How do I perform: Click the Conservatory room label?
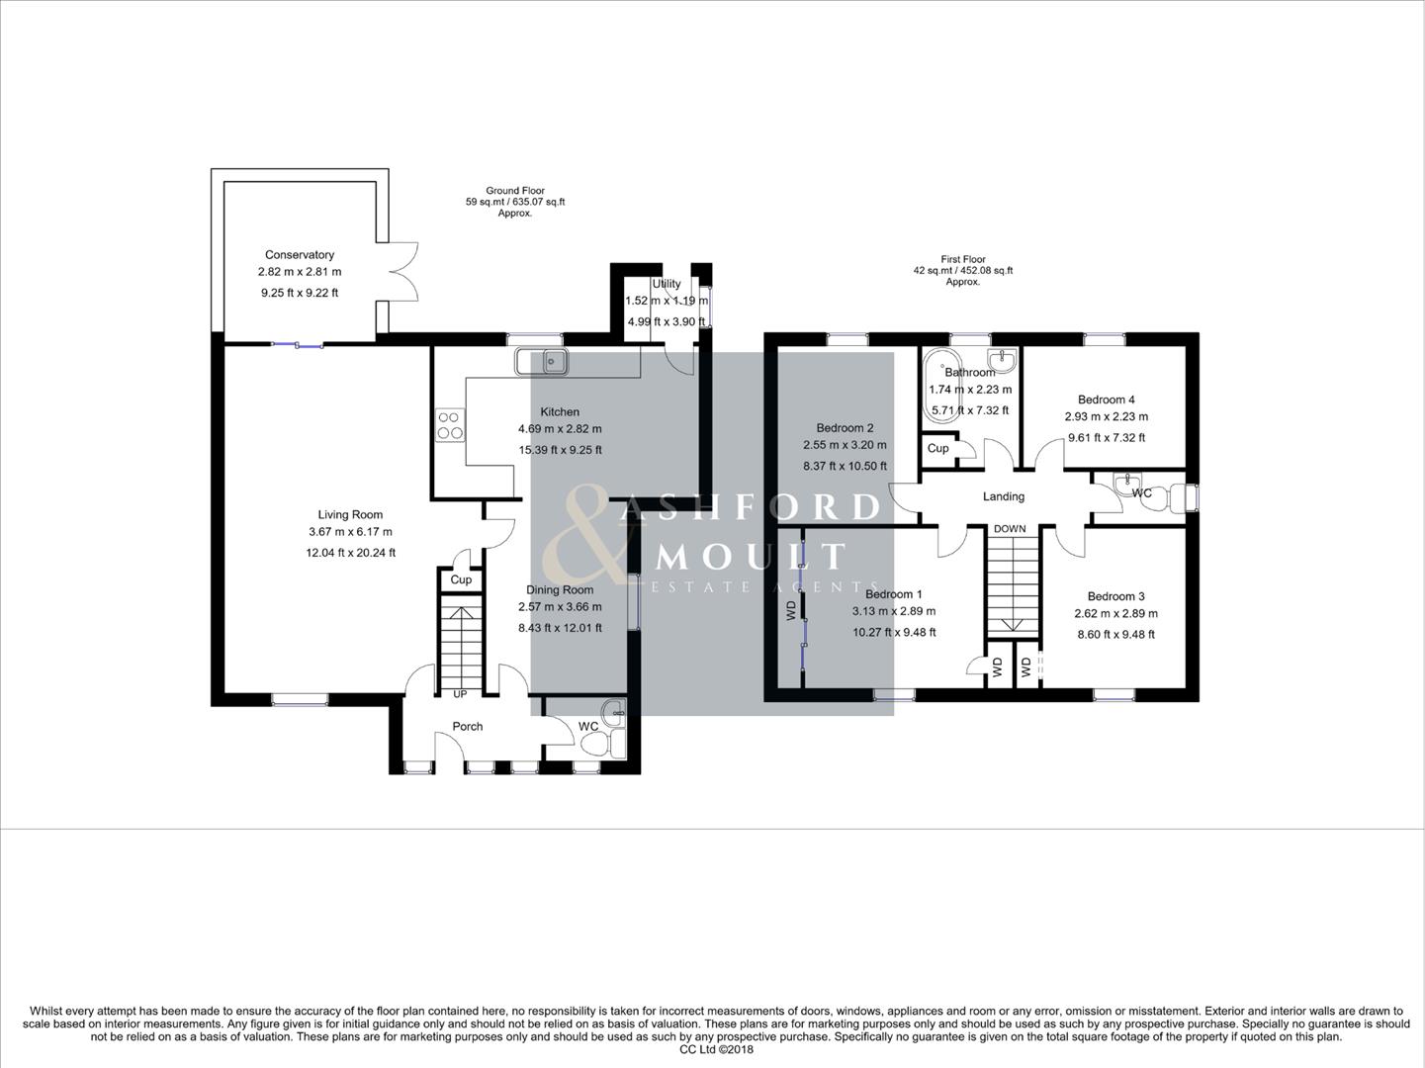pos(299,255)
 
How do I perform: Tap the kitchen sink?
pos(541,363)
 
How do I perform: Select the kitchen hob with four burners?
pos(450,424)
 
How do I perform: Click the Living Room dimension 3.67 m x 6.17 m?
pos(350,533)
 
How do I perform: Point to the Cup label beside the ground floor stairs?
pos(461,580)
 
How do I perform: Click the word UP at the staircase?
pos(460,694)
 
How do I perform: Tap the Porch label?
pos(468,727)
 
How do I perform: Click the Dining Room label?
pos(560,590)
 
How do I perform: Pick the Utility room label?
pos(667,285)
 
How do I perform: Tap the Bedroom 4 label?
pos(1106,400)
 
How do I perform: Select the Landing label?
pos(1003,497)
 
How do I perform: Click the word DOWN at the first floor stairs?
pos(1010,529)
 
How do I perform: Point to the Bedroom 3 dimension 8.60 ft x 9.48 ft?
pos(1115,635)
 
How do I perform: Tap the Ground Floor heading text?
pos(514,191)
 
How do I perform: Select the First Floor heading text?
pos(962,260)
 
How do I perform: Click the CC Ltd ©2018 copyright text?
pos(716,1050)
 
